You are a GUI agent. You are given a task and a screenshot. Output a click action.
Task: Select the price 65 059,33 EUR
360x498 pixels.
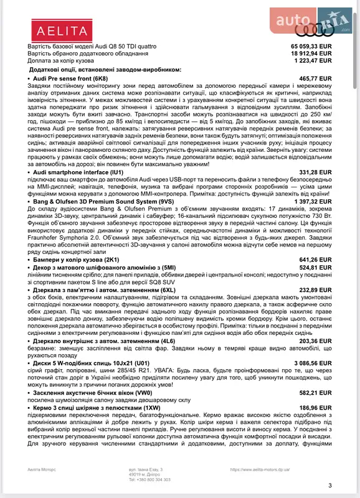pos(311,47)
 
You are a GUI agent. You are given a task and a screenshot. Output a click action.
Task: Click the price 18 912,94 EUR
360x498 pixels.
pos(311,54)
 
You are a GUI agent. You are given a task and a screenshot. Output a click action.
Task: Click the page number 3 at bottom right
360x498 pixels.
pos(330,486)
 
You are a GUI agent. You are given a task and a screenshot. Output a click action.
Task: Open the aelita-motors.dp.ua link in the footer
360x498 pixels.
pos(260,470)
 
